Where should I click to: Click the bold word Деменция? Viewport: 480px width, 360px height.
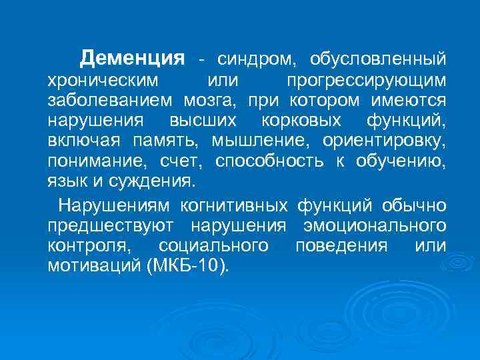132,59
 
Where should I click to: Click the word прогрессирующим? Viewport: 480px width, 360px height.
367,81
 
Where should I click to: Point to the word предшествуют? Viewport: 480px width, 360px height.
111,225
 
